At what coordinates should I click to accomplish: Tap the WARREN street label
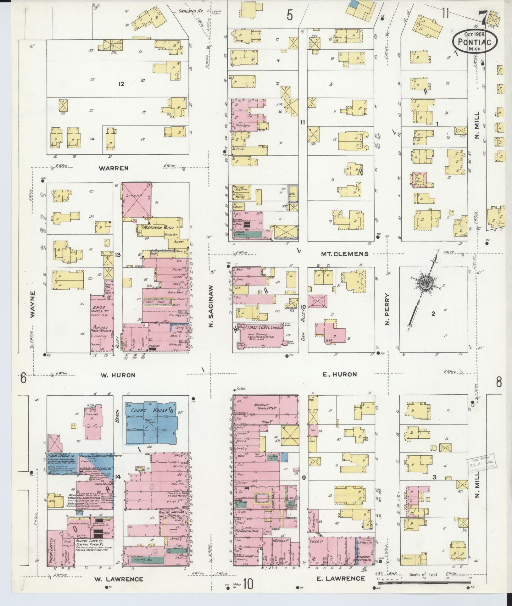click(x=114, y=168)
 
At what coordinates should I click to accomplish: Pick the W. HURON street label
click(x=118, y=375)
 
